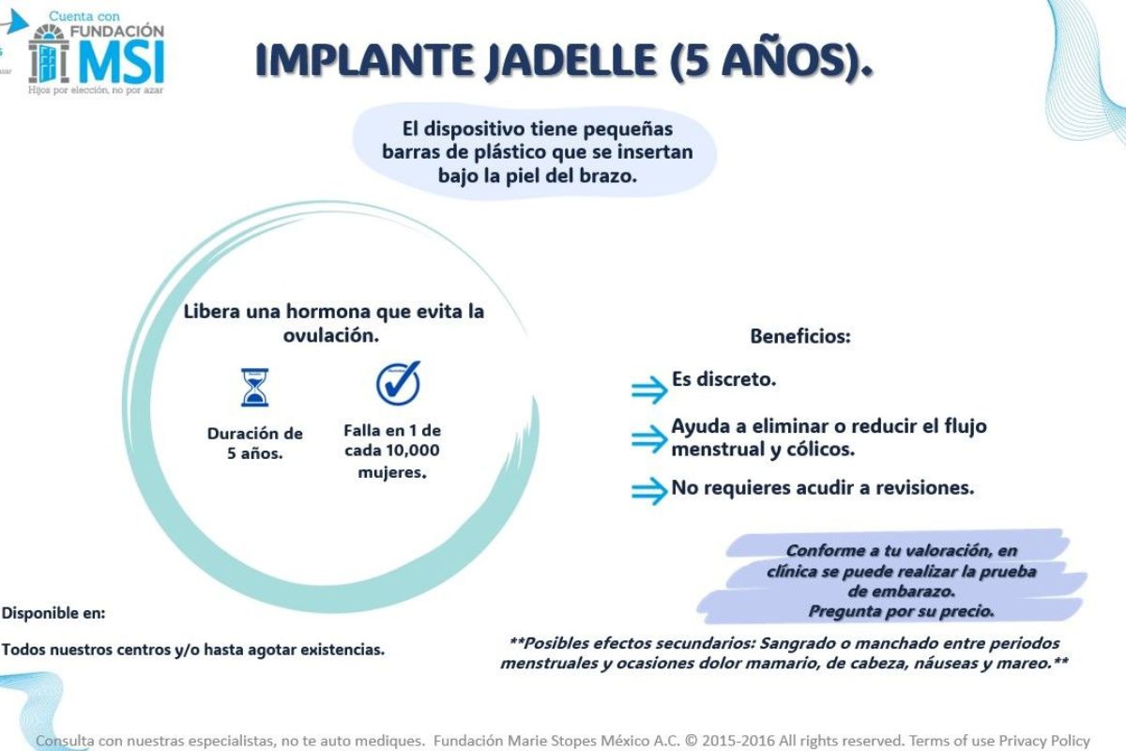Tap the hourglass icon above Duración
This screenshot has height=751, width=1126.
[x=253, y=387]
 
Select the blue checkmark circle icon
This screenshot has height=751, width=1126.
[x=398, y=383]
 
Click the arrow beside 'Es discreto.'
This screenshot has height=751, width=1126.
[x=648, y=389]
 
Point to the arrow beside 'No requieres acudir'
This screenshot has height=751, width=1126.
[x=648, y=491]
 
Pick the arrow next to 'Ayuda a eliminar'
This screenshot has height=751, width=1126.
[x=648, y=438]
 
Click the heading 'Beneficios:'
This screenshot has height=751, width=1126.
[x=799, y=336]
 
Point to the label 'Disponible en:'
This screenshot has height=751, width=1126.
[x=53, y=613]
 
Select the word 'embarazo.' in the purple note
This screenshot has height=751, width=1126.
[x=902, y=591]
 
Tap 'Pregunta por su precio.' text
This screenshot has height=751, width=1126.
[x=901, y=611]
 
